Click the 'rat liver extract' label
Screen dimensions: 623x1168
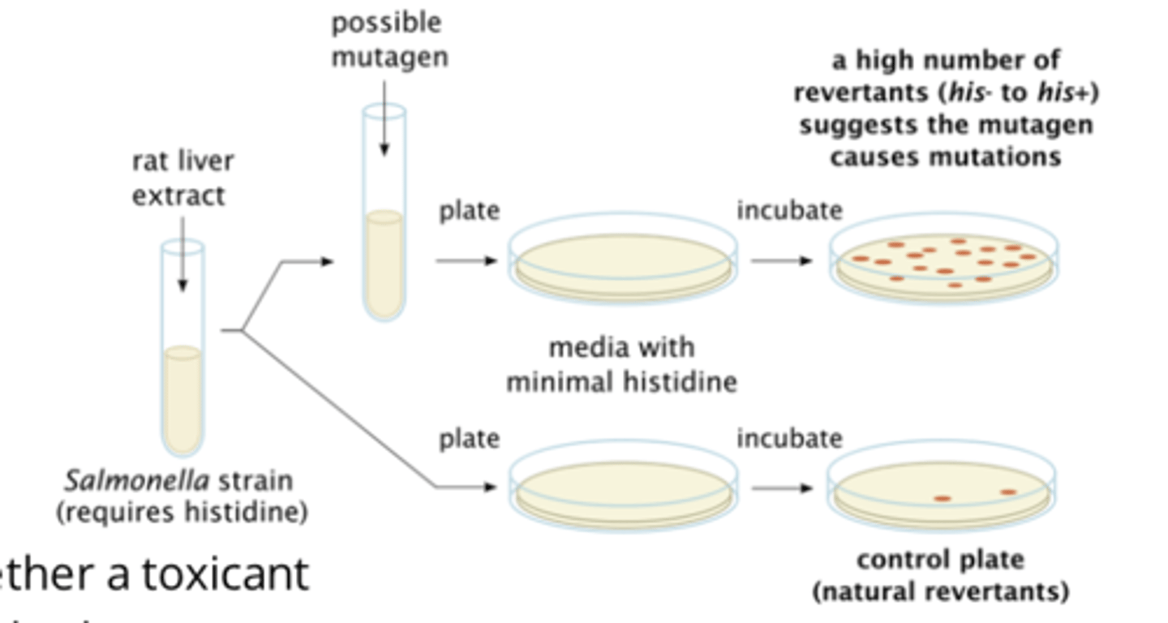click(x=182, y=178)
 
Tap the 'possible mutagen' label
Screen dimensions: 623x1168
click(x=388, y=40)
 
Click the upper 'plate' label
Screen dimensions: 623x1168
click(x=469, y=211)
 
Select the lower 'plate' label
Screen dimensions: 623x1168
click(x=469, y=439)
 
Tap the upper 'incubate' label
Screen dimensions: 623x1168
click(x=789, y=211)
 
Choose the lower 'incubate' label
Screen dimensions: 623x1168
click(x=789, y=439)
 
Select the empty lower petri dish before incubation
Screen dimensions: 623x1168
click(x=623, y=487)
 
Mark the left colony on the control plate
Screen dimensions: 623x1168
click(x=942, y=498)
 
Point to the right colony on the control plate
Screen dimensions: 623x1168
click(x=1008, y=492)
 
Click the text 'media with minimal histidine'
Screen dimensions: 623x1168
click(x=621, y=364)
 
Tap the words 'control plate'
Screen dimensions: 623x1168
click(x=940, y=560)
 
